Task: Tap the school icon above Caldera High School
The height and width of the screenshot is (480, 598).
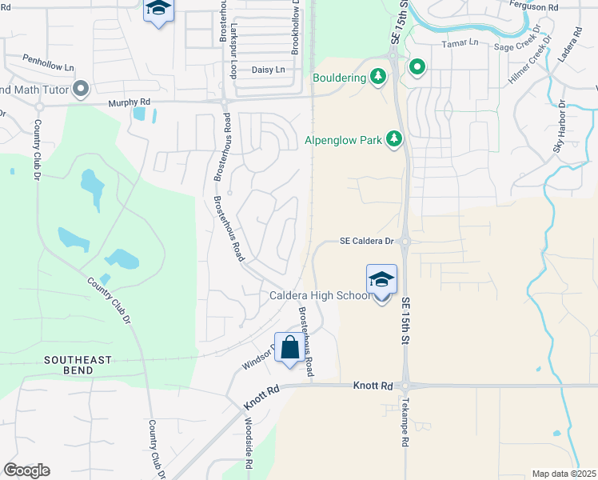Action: tap(381, 280)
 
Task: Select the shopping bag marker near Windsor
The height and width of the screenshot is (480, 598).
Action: tap(289, 348)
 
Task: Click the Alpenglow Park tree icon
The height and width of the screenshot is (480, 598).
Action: tap(393, 140)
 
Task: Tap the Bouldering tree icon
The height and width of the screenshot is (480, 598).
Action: tap(379, 77)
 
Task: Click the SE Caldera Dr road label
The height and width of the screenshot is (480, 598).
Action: tap(367, 241)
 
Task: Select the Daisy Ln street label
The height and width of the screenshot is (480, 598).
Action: tap(268, 70)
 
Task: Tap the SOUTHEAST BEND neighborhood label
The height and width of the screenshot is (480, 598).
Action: tap(78, 366)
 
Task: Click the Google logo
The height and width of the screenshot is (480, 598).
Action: tap(26, 470)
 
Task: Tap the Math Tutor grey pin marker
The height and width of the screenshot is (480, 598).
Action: tap(80, 89)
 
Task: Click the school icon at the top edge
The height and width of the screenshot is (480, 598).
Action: tap(158, 10)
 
